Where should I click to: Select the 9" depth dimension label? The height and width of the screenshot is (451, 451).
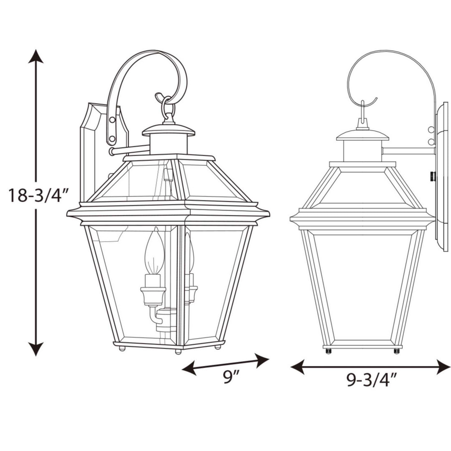[x=230, y=377]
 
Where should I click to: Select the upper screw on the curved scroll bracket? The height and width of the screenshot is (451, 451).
[x=112, y=120]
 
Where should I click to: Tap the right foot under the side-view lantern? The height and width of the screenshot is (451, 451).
[x=396, y=351]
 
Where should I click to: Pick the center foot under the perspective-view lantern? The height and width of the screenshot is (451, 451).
[x=178, y=351]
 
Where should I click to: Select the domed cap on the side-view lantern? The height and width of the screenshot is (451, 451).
[x=362, y=134]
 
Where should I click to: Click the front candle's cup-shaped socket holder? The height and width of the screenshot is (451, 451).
[x=153, y=294]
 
